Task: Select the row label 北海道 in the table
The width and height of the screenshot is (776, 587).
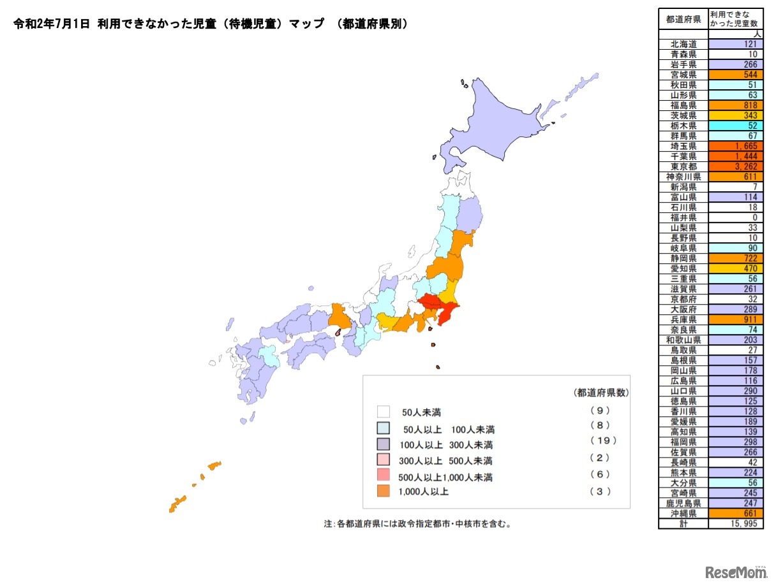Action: [683, 44]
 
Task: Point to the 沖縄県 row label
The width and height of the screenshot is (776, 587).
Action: [683, 513]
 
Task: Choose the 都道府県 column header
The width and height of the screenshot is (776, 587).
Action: [683, 19]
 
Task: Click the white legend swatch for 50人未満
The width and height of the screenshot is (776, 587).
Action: [384, 412]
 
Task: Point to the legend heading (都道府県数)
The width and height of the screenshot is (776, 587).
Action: [601, 393]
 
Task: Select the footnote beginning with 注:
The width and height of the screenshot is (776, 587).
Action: [418, 524]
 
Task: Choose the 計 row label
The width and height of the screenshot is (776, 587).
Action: [683, 523]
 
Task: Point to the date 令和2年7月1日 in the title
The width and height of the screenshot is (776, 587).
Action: [51, 24]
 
